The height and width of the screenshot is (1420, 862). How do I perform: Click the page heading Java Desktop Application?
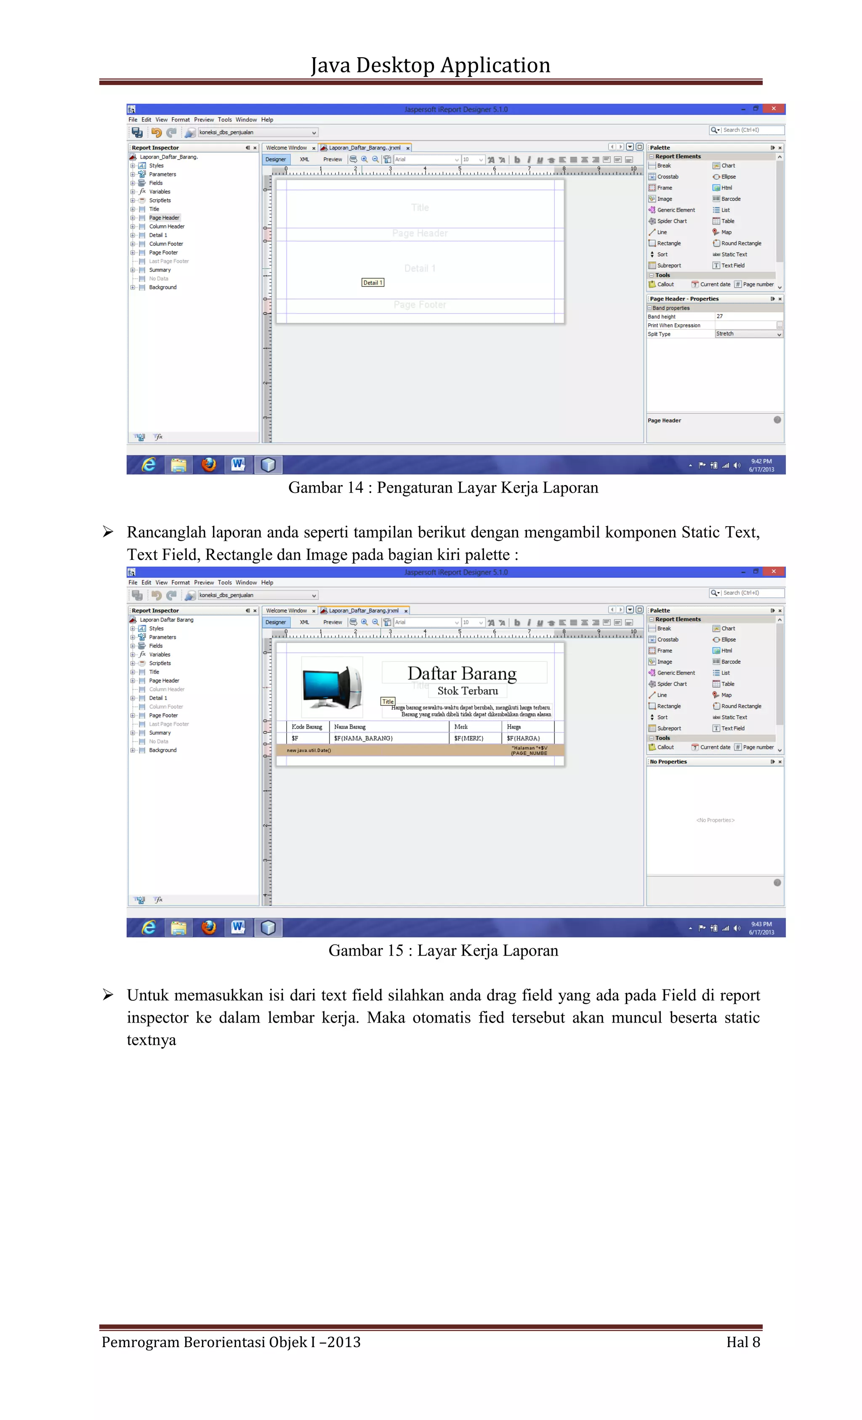coord(431,65)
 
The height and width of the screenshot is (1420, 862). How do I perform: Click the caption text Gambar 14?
coord(325,488)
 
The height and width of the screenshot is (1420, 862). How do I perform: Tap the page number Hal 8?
coord(743,1342)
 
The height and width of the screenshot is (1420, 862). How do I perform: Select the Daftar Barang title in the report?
coord(462,673)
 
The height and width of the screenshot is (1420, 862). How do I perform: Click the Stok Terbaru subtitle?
coord(467,691)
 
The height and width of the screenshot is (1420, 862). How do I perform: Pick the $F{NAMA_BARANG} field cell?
coord(364,738)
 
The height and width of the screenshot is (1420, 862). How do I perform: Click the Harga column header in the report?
coord(514,727)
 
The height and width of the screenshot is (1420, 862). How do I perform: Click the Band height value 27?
coord(720,317)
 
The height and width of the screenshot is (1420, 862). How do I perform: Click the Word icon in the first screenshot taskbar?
coord(238,464)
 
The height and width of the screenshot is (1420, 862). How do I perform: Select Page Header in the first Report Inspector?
coord(164,218)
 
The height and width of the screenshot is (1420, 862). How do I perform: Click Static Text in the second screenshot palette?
coord(734,717)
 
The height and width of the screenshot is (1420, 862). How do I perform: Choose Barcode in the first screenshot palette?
coord(731,199)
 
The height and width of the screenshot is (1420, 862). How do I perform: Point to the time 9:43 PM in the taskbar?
coord(761,924)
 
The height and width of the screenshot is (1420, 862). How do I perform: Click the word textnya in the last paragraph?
coord(152,1040)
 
